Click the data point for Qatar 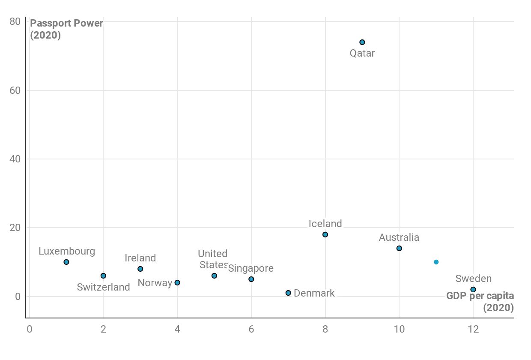pos(362,42)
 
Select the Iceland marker pos(325,234)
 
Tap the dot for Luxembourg pos(66,262)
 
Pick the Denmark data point pos(288,293)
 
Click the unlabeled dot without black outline pos(436,262)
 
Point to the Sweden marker pos(473,289)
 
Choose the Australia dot pos(399,248)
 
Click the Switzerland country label pos(103,287)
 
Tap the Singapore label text pos(251,268)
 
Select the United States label pos(213,259)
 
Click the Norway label pos(155,283)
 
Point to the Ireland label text pos(140,258)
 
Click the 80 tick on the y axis pos(15,21)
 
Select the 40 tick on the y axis pos(15,159)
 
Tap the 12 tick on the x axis pos(473,329)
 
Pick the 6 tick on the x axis pos(251,329)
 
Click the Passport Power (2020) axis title pos(66,29)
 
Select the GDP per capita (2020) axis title pos(480,302)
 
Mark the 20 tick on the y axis pos(15,228)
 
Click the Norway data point pos(177,282)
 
